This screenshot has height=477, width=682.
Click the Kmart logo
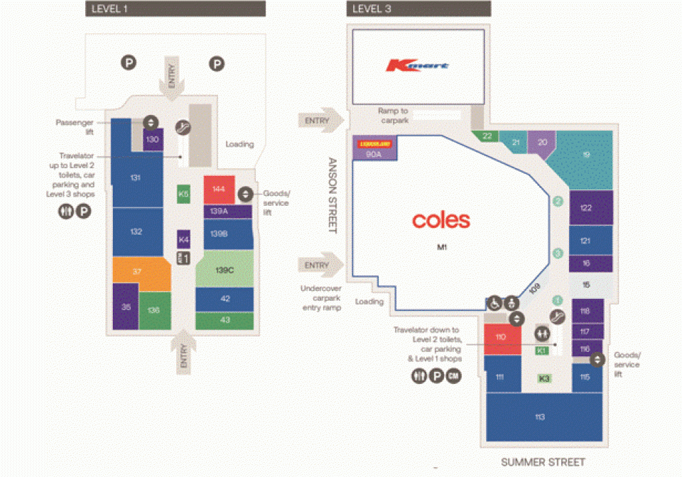click(x=417, y=66)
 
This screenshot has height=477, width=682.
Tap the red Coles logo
click(x=441, y=219)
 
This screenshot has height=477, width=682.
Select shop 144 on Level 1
click(x=219, y=190)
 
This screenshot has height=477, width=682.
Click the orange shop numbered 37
click(x=137, y=272)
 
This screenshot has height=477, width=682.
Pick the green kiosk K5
click(x=183, y=194)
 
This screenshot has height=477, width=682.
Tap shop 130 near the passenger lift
click(x=153, y=139)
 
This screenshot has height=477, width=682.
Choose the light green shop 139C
click(x=224, y=270)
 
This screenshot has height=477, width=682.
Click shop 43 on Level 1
click(x=224, y=320)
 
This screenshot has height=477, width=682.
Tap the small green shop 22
click(x=487, y=136)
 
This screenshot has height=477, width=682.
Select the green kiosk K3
click(x=544, y=378)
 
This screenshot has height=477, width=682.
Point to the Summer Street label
click(x=543, y=462)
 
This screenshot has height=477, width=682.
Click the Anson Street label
click(x=332, y=194)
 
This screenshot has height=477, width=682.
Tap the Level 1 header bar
click(x=175, y=9)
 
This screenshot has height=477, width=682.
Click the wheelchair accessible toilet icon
click(x=493, y=302)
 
